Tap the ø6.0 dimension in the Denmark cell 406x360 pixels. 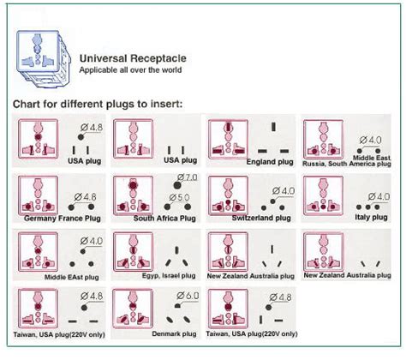coord(185,297)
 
